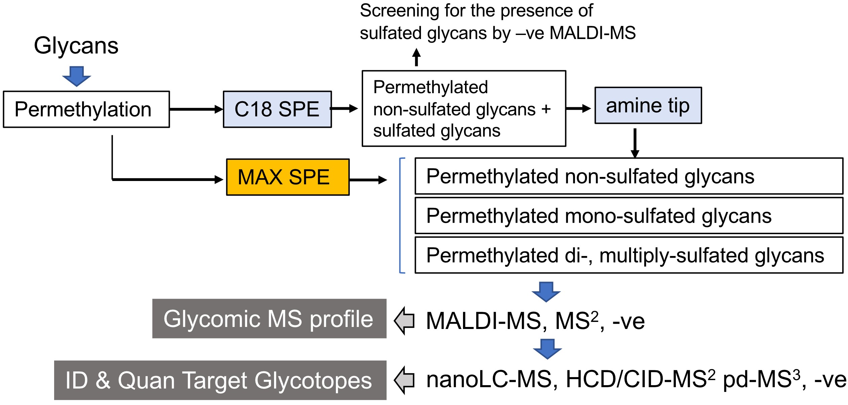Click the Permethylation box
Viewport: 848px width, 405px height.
click(86, 109)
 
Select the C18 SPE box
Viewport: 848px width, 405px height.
click(277, 109)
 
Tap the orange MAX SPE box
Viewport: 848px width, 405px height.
click(288, 177)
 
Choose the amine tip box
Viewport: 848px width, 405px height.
click(648, 106)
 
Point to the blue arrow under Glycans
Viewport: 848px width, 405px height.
click(77, 76)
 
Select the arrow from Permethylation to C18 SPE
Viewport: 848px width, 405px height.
click(196, 109)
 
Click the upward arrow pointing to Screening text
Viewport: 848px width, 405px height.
click(416, 57)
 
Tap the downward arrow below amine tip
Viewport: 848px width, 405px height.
click(635, 143)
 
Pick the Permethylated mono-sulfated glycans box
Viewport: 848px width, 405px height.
click(629, 216)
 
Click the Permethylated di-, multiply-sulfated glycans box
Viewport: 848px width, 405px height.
click(629, 255)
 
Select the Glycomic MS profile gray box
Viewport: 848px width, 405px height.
click(269, 319)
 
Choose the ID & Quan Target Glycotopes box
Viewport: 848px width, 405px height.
click(220, 380)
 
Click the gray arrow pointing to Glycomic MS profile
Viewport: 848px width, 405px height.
click(404, 321)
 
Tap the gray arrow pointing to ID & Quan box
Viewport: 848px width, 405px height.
click(404, 380)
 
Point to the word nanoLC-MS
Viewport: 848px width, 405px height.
click(489, 379)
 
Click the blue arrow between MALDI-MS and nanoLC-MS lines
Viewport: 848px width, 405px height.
click(547, 349)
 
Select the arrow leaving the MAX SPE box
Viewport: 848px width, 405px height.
click(368, 180)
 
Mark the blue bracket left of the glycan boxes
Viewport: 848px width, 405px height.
click(400, 215)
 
